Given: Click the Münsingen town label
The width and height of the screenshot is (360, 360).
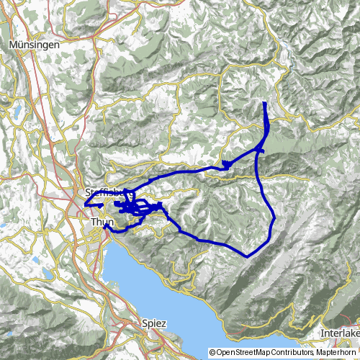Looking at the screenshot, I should tap(35, 45).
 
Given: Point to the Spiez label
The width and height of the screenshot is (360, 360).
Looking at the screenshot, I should tap(154, 324).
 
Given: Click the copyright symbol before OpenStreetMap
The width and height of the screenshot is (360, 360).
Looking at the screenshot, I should tap(213, 354).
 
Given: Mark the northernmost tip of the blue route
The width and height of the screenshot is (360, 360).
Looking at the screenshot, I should tap(265, 104).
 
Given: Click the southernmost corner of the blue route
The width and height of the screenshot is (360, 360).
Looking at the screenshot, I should tap(247, 256).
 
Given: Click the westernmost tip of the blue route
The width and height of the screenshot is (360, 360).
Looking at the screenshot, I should tap(85, 204).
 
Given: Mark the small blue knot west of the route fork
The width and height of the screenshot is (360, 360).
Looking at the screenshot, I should tap(226, 165).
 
